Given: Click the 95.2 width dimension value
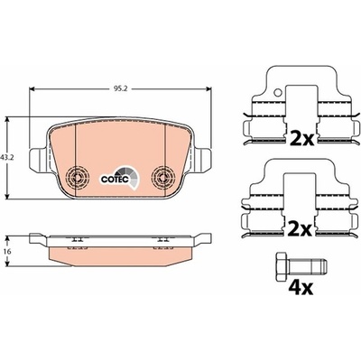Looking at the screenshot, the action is click(x=120, y=88).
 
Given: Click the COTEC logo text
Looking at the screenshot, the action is click(x=115, y=180).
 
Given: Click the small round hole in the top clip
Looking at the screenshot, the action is click(x=278, y=93).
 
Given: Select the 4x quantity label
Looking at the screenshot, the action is click(x=301, y=288).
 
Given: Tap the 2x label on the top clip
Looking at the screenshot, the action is click(x=301, y=139).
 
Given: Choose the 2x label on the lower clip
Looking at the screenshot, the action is click(x=300, y=230).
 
